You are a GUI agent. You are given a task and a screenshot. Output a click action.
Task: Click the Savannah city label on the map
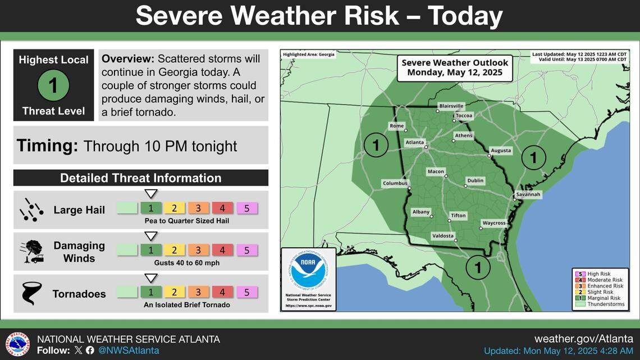[528, 194]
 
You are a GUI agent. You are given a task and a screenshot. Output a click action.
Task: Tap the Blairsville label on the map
[451, 106]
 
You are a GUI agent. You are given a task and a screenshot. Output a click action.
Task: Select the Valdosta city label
[442, 236]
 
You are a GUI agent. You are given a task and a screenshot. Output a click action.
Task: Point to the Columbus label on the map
[395, 183]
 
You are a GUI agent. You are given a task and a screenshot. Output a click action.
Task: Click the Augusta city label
[501, 151]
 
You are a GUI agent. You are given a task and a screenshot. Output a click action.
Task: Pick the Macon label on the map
[436, 171]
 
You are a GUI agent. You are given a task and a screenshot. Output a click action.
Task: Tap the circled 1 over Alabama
[376, 145]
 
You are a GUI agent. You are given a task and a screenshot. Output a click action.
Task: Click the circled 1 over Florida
[478, 267]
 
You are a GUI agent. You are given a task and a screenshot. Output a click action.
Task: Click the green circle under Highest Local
[53, 86]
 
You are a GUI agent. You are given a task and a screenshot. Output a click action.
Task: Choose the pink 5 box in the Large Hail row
[246, 208]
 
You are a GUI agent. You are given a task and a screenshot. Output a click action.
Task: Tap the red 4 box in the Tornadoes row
[222, 292]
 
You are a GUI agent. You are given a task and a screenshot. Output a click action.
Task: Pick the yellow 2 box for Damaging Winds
[175, 250]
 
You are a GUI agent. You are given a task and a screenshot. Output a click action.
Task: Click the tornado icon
[31, 293]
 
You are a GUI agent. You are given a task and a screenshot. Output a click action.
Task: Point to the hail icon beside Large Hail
[31, 209]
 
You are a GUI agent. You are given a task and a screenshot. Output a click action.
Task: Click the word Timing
[47, 146]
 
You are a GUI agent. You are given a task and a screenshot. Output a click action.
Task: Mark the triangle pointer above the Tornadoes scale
[150, 277]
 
